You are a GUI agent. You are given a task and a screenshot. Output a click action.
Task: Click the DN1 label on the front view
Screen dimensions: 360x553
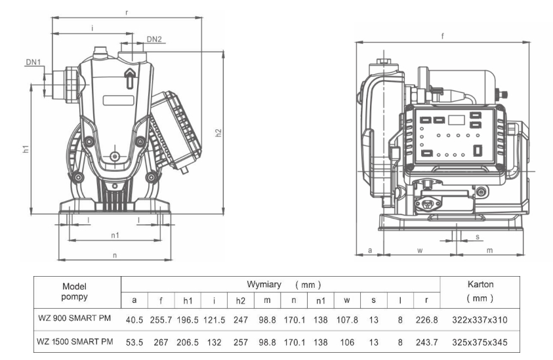point(33,62)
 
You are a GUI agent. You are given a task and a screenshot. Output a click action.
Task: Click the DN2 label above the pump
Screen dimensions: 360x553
point(154,39)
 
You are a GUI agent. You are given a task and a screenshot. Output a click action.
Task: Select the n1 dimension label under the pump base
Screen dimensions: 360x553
point(114,235)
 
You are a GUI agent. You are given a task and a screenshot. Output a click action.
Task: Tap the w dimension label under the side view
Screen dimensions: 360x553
point(420,250)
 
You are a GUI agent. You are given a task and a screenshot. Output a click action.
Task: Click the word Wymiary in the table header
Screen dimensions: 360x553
point(264,285)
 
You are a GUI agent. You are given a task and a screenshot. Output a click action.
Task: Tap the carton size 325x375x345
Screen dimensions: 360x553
point(481,342)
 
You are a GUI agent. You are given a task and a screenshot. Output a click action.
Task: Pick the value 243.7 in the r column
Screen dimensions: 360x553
point(427,342)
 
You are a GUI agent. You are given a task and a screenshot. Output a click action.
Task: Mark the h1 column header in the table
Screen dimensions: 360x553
point(188,300)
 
